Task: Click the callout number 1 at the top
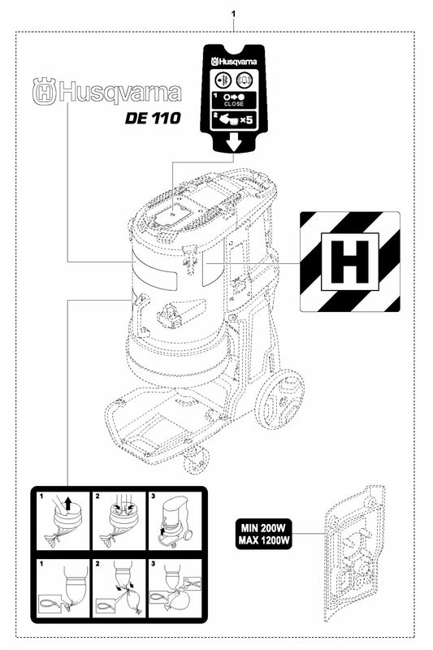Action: click(x=234, y=15)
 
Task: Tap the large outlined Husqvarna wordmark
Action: click(x=106, y=92)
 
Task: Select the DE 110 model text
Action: click(x=152, y=116)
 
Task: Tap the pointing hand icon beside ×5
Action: click(x=229, y=119)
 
